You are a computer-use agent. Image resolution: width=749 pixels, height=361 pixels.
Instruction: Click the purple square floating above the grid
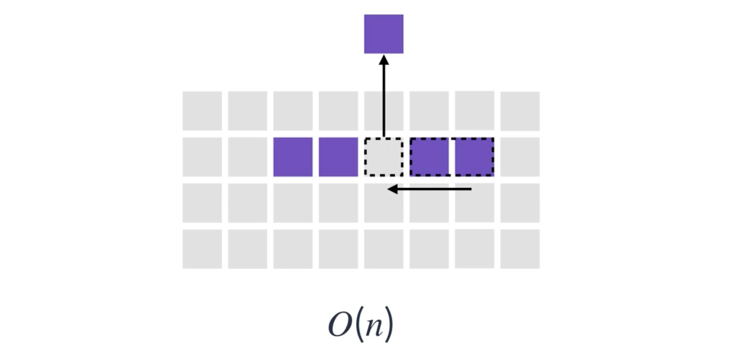pyautogui.click(x=384, y=34)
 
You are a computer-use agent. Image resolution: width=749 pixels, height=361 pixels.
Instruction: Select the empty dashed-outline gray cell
pyautogui.click(x=384, y=157)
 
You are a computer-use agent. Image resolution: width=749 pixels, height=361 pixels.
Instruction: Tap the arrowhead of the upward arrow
pyautogui.click(x=384, y=60)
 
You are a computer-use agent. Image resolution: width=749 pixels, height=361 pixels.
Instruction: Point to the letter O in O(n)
pyautogui.click(x=340, y=325)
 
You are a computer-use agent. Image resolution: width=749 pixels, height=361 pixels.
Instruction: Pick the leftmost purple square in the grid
pyautogui.click(x=293, y=157)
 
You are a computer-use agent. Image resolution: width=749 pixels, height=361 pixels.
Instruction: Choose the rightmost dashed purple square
pyautogui.click(x=474, y=157)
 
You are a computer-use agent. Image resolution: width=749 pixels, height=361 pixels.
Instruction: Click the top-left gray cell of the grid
pyautogui.click(x=202, y=111)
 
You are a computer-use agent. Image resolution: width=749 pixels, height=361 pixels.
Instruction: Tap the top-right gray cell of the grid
pyautogui.click(x=520, y=111)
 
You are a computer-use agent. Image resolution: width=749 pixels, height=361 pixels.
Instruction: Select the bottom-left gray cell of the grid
pyautogui.click(x=202, y=249)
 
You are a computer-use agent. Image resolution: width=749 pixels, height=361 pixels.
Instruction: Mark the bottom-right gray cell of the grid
pyautogui.click(x=520, y=249)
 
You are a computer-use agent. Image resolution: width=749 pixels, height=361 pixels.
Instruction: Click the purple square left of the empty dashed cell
pyautogui.click(x=338, y=157)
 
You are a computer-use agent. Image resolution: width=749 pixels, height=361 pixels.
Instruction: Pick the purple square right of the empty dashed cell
pyautogui.click(x=429, y=157)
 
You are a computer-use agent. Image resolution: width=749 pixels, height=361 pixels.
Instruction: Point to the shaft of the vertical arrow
pyautogui.click(x=384, y=101)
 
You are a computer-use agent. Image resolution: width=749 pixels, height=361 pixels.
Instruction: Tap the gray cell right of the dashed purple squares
pyautogui.click(x=520, y=157)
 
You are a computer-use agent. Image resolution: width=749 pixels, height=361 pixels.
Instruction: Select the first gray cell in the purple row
pyautogui.click(x=202, y=157)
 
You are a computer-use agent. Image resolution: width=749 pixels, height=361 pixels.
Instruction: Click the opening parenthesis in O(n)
pyautogui.click(x=358, y=325)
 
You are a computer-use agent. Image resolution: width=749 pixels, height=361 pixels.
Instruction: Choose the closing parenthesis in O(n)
pyautogui.click(x=390, y=325)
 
